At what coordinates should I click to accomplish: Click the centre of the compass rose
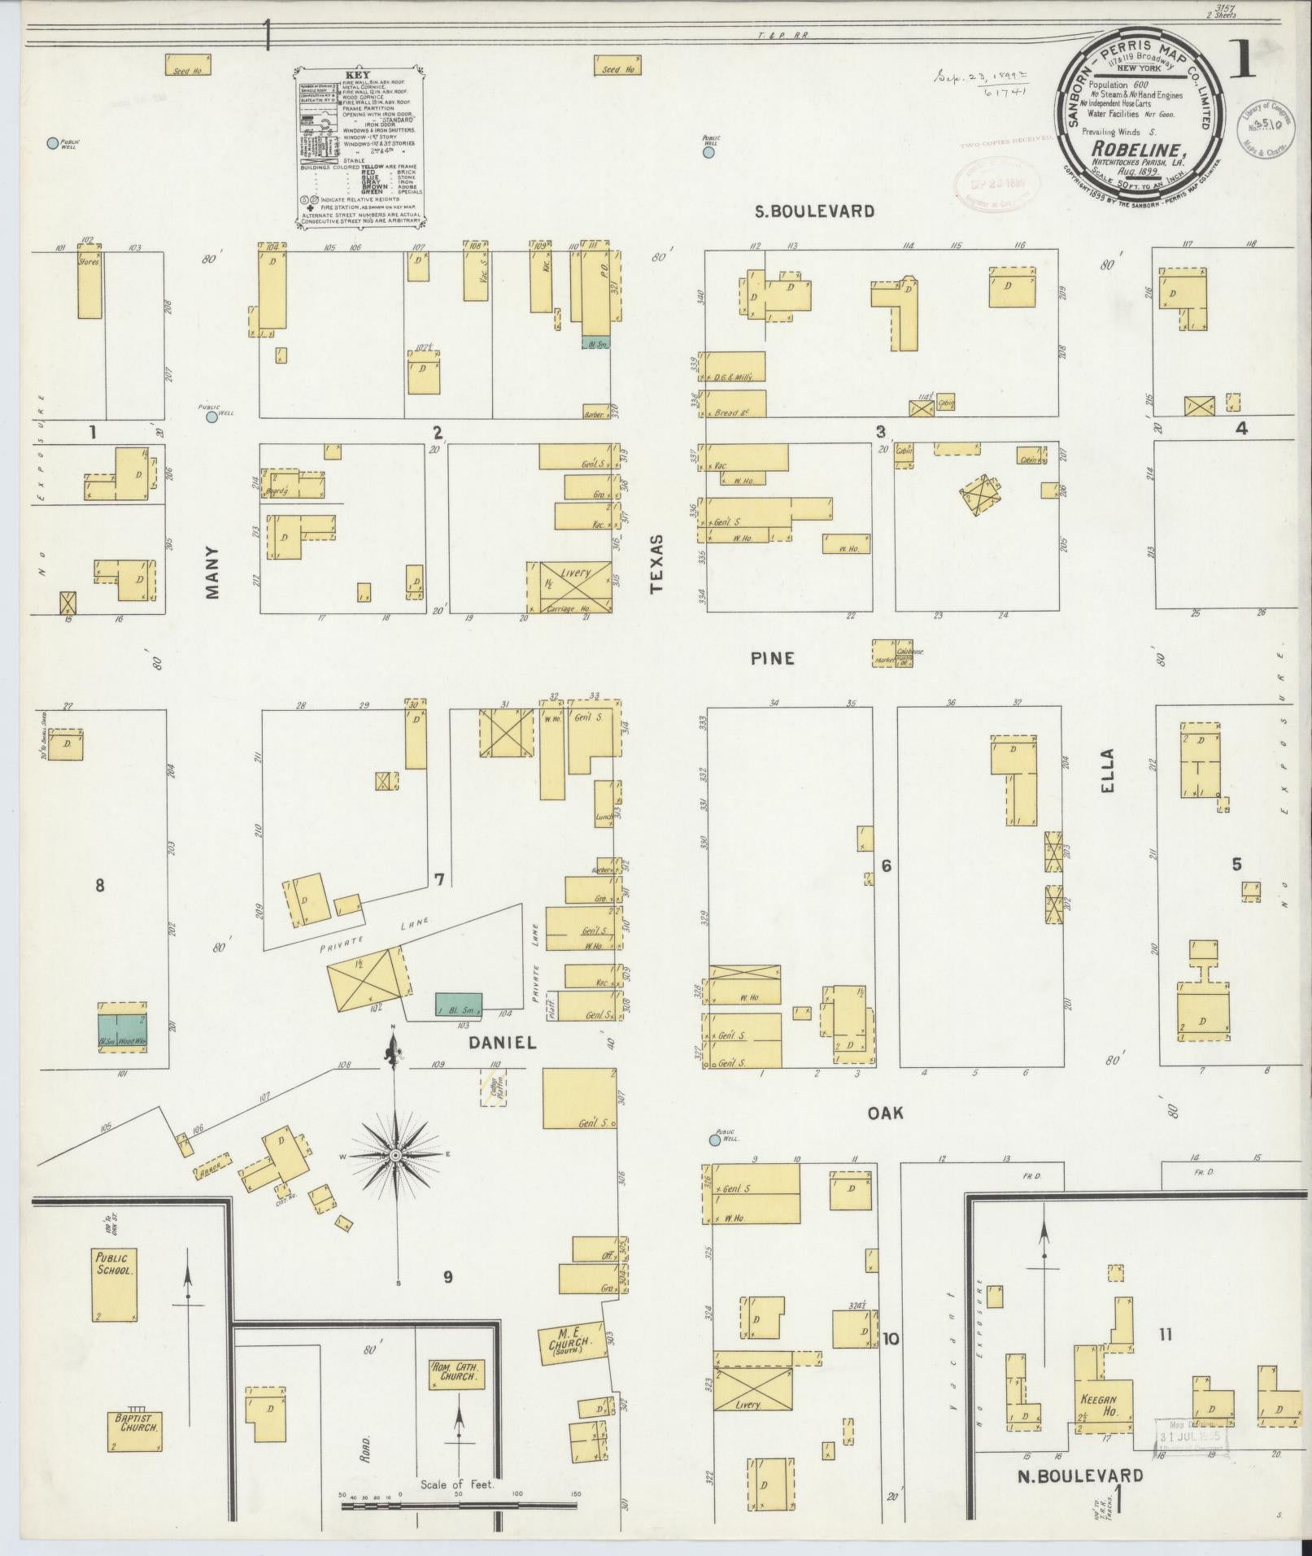(396, 1155)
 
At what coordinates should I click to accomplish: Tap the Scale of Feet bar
(459, 1506)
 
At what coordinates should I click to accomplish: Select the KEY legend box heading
(358, 75)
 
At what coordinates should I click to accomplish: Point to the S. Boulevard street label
(814, 211)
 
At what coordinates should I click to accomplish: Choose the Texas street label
(658, 565)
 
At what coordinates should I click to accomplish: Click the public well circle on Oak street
(715, 1140)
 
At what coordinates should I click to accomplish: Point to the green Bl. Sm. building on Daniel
(458, 1004)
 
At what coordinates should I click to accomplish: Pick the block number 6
(886, 865)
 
